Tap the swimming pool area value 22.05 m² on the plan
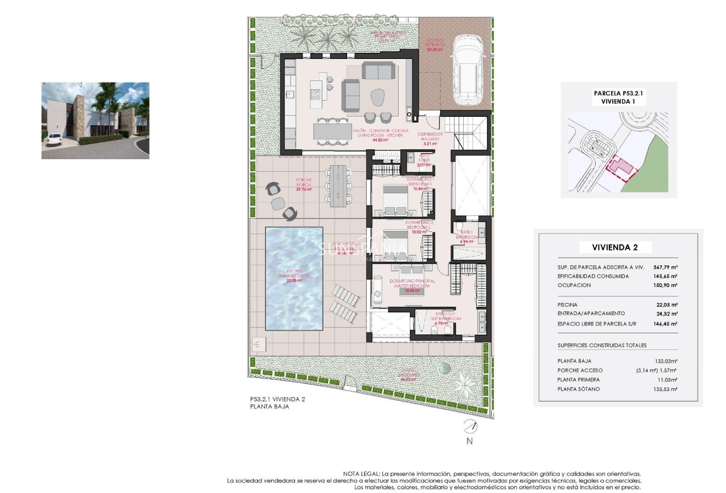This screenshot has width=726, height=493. point(294,280)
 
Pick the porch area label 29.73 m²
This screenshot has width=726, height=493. point(304,189)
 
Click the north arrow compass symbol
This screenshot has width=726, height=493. point(469,426)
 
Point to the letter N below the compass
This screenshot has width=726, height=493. point(469,441)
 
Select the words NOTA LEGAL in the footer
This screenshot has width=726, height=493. point(360,474)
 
